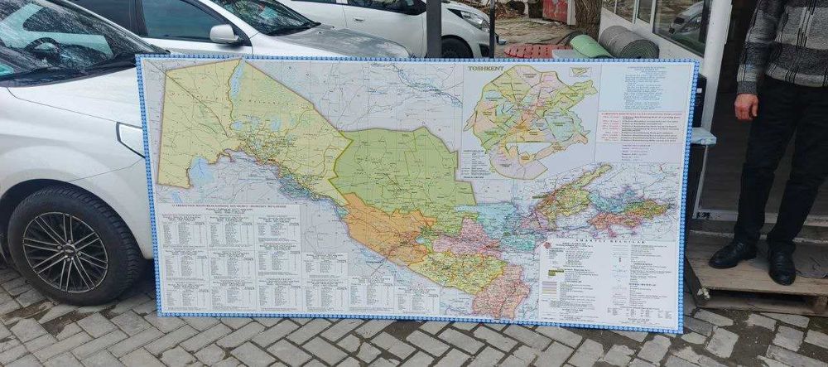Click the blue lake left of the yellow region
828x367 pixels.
[200, 172]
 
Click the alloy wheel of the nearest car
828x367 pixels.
[64, 250]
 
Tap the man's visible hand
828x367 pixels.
[746, 106]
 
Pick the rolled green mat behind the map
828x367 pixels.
[590, 46]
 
